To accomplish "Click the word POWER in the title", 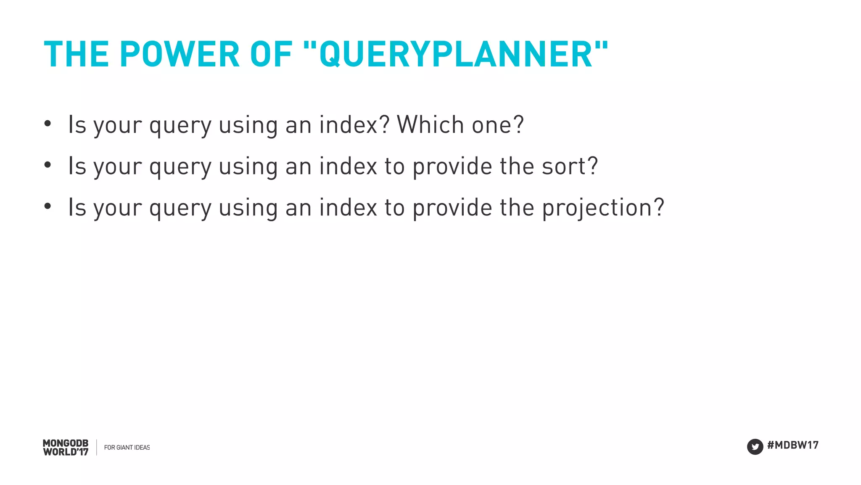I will click(180, 54).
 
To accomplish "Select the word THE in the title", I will click(76, 54).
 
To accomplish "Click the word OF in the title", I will click(271, 54).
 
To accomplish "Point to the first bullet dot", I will click(48, 124).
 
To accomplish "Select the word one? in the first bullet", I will click(498, 125).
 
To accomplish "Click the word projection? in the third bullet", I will click(603, 208).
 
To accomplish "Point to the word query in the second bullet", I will click(180, 167).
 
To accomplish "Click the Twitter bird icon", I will click(755, 447).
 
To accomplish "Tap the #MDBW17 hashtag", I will click(793, 445).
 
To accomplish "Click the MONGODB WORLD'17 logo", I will click(66, 448).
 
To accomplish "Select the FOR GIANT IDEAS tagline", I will click(127, 448).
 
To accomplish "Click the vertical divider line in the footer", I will click(97, 448).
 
